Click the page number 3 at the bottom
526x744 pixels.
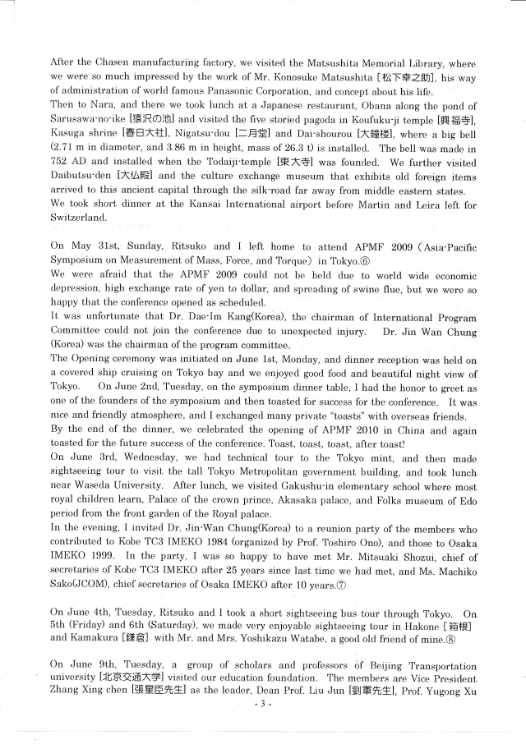[x=262, y=727]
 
